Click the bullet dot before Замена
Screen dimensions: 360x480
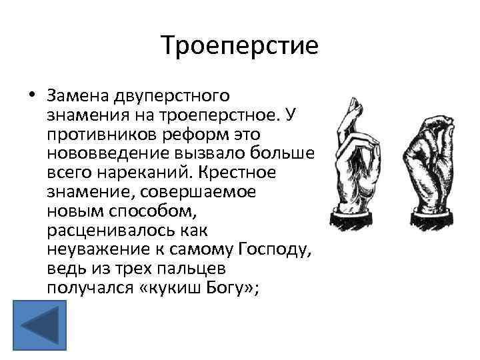coord(31,95)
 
